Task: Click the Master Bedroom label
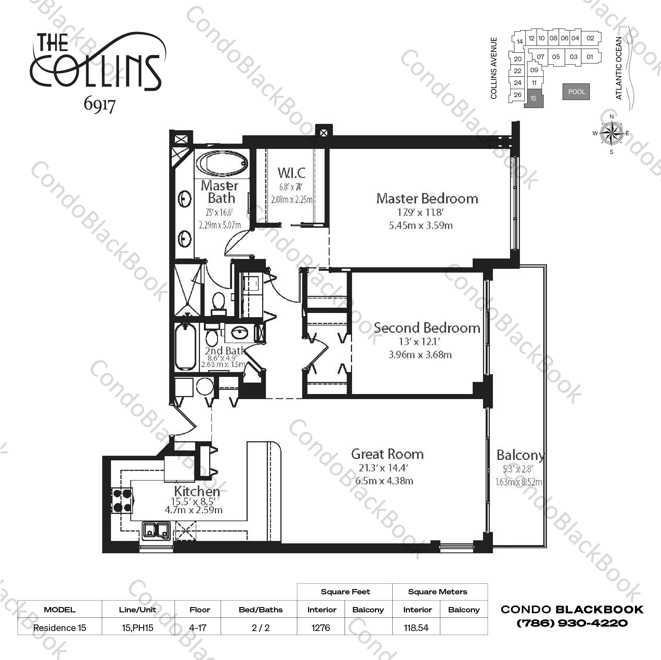(x=427, y=199)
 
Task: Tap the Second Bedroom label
(x=427, y=328)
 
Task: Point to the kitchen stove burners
(x=122, y=500)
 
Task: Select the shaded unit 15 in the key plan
(x=533, y=98)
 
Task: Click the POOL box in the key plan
(x=576, y=92)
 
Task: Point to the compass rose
(x=611, y=133)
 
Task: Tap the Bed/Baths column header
(x=260, y=610)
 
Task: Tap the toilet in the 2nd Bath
(x=211, y=337)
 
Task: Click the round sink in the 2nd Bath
(x=240, y=332)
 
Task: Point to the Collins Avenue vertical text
(x=493, y=68)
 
